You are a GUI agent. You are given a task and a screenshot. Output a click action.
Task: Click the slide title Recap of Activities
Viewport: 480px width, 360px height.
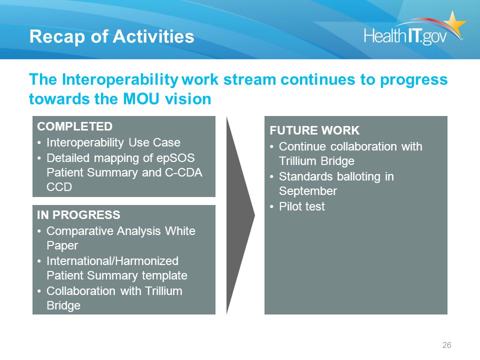(x=111, y=36)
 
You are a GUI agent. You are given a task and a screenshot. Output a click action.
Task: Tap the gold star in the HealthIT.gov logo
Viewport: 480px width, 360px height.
(x=454, y=23)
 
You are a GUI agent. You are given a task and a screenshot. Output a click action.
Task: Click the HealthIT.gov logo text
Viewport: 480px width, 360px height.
(x=405, y=35)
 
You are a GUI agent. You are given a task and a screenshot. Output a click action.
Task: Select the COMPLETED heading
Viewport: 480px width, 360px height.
(x=74, y=126)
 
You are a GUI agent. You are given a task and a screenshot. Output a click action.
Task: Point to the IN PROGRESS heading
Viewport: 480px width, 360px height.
(x=78, y=215)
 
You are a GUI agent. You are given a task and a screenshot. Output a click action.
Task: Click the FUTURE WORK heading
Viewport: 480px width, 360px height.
(x=314, y=130)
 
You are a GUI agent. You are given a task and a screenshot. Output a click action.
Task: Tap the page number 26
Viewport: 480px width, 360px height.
(x=446, y=345)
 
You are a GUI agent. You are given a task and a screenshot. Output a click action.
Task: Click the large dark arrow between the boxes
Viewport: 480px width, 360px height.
(x=240, y=215)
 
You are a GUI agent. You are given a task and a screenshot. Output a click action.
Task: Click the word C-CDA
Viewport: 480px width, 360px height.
(x=183, y=172)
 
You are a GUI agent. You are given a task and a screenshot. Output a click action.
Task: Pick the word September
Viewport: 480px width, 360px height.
(x=308, y=191)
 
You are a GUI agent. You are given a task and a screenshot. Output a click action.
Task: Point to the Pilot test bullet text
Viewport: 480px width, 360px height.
(x=302, y=206)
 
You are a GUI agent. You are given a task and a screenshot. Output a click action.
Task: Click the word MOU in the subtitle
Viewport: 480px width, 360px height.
(x=141, y=99)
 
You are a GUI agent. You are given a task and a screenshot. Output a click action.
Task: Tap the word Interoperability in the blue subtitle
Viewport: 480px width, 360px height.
(x=120, y=80)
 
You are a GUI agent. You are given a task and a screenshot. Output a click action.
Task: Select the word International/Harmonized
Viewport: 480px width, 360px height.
(x=112, y=261)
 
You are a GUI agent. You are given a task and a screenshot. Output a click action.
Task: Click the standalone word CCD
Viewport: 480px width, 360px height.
(x=59, y=187)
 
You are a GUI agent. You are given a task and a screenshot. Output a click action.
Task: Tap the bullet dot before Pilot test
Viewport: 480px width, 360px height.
(x=271, y=207)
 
